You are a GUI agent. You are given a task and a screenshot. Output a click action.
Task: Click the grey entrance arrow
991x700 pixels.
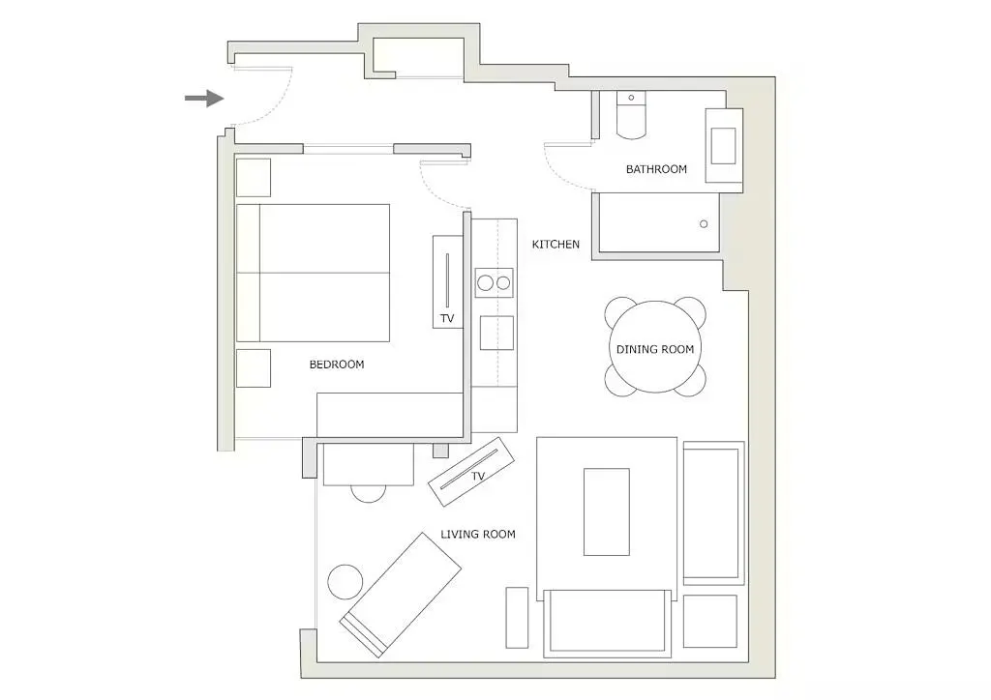[x=204, y=98]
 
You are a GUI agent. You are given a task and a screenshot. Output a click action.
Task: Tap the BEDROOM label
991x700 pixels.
[x=336, y=365]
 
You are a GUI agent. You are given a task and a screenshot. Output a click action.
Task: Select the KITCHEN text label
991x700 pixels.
[x=556, y=245]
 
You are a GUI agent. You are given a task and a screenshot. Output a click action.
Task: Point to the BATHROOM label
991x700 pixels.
[x=656, y=169]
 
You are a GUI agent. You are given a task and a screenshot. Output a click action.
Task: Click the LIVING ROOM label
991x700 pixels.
[x=478, y=534]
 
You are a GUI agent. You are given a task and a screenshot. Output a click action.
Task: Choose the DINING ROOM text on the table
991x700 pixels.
[x=655, y=349]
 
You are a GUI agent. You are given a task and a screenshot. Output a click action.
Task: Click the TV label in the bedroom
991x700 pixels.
[x=446, y=318]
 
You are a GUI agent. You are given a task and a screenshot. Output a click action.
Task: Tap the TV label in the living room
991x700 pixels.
[x=477, y=477]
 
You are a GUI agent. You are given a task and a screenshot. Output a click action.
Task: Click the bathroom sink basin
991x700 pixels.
[x=724, y=145]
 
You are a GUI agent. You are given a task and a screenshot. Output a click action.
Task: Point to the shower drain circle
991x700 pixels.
[x=704, y=224]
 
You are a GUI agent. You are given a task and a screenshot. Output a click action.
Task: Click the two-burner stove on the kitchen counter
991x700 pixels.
[x=494, y=283]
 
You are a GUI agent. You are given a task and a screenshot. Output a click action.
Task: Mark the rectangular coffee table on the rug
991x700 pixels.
[x=606, y=511]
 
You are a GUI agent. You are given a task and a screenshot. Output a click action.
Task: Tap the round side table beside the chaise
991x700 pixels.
[x=345, y=581]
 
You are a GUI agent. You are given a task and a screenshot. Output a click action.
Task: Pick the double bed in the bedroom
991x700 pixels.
[x=314, y=273]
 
